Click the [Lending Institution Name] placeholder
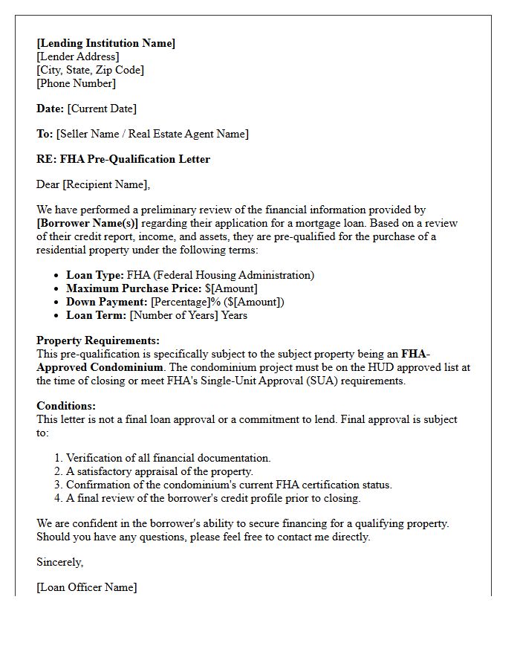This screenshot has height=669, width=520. click(x=105, y=43)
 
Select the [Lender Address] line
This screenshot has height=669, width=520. click(x=77, y=56)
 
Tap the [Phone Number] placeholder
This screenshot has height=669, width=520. click(x=76, y=83)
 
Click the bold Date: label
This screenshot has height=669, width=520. click(x=50, y=109)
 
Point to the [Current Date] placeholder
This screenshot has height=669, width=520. click(x=102, y=109)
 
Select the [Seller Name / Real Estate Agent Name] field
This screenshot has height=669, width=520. click(x=152, y=134)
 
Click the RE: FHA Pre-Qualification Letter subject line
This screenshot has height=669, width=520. click(x=123, y=159)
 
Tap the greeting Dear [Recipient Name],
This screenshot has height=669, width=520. click(x=93, y=184)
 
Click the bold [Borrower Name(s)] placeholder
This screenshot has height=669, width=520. click(x=87, y=223)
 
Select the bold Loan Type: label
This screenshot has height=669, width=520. click(x=95, y=275)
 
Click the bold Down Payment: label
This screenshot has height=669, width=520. click(x=106, y=302)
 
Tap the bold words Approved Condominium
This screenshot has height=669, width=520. click(x=100, y=367)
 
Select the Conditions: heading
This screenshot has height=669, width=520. click(x=66, y=407)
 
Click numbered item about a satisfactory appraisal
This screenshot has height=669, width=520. click(x=160, y=471)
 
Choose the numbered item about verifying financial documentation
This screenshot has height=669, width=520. click(x=168, y=458)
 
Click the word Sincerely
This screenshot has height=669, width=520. click(x=59, y=562)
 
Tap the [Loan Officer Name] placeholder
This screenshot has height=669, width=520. click(x=86, y=587)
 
